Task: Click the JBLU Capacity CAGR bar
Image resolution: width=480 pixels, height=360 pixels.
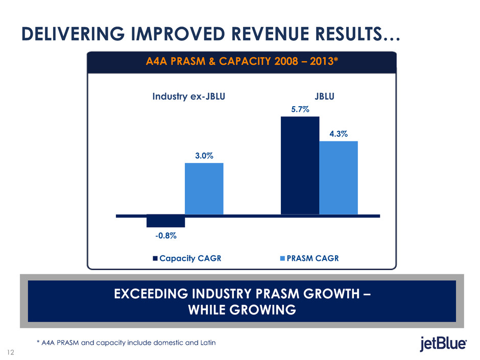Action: pyautogui.click(x=300, y=165)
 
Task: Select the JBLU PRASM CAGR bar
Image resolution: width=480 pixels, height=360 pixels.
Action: pyautogui.click(x=339, y=177)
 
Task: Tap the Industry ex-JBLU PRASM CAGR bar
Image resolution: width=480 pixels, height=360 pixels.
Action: pyautogui.click(x=204, y=188)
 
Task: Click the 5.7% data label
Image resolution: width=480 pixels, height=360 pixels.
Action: pyautogui.click(x=300, y=109)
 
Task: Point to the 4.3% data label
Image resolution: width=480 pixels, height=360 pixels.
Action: pyautogui.click(x=339, y=134)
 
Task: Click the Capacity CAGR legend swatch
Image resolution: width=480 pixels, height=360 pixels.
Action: pyautogui.click(x=155, y=258)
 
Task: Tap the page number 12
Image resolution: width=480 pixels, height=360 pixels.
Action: pyautogui.click(x=10, y=351)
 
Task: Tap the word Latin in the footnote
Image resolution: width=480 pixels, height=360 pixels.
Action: pyautogui.click(x=205, y=343)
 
